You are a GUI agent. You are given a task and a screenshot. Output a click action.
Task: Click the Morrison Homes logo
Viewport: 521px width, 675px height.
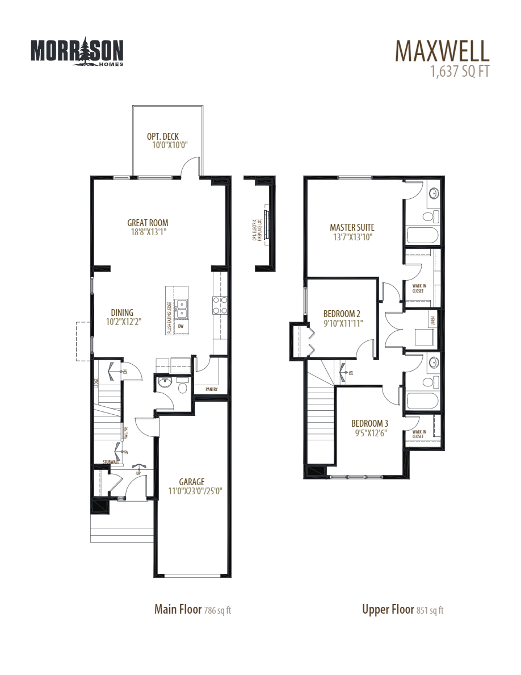(x=77, y=52)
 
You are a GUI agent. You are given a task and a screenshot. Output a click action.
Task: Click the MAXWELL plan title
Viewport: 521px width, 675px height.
(x=442, y=51)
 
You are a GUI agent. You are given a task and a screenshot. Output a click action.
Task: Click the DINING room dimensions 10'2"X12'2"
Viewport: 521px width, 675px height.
(x=123, y=322)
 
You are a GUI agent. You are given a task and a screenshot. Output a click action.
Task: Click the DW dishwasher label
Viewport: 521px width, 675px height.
(x=181, y=327)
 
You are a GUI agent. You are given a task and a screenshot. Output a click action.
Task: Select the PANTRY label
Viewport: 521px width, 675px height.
(x=212, y=390)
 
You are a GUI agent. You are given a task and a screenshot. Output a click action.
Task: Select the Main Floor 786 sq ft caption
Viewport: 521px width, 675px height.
(x=192, y=610)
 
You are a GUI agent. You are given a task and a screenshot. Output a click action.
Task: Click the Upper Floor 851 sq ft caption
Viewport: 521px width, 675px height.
(x=402, y=610)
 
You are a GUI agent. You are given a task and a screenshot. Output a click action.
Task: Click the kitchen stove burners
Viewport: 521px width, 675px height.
(x=220, y=305)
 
